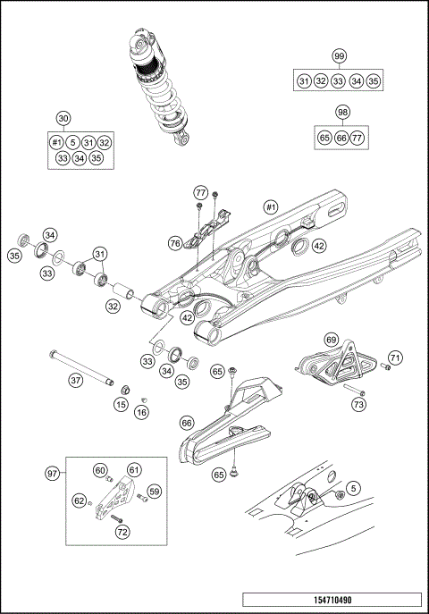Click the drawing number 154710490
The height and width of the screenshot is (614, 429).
pyautogui.click(x=332, y=600)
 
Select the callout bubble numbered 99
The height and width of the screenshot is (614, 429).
pyautogui.click(x=339, y=56)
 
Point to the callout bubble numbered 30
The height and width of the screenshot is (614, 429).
pyautogui.click(x=63, y=118)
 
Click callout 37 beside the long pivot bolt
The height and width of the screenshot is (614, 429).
pyautogui.click(x=76, y=380)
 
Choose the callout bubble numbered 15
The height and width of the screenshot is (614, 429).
pyautogui.click(x=120, y=405)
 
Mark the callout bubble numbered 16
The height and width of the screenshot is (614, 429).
pyautogui.click(x=142, y=412)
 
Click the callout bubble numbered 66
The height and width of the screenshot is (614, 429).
pyautogui.click(x=187, y=423)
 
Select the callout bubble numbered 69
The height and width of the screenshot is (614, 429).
pyautogui.click(x=330, y=340)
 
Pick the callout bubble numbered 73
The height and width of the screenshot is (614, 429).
pyautogui.click(x=358, y=405)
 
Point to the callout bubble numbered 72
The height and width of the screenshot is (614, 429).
pyautogui.click(x=122, y=531)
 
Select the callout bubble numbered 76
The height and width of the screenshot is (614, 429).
pyautogui.click(x=175, y=241)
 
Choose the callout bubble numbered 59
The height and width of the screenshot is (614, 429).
pyautogui.click(x=154, y=491)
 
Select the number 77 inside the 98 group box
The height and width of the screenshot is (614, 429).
pyautogui.click(x=357, y=138)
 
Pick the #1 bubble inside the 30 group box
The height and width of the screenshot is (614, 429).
pyautogui.click(x=55, y=141)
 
